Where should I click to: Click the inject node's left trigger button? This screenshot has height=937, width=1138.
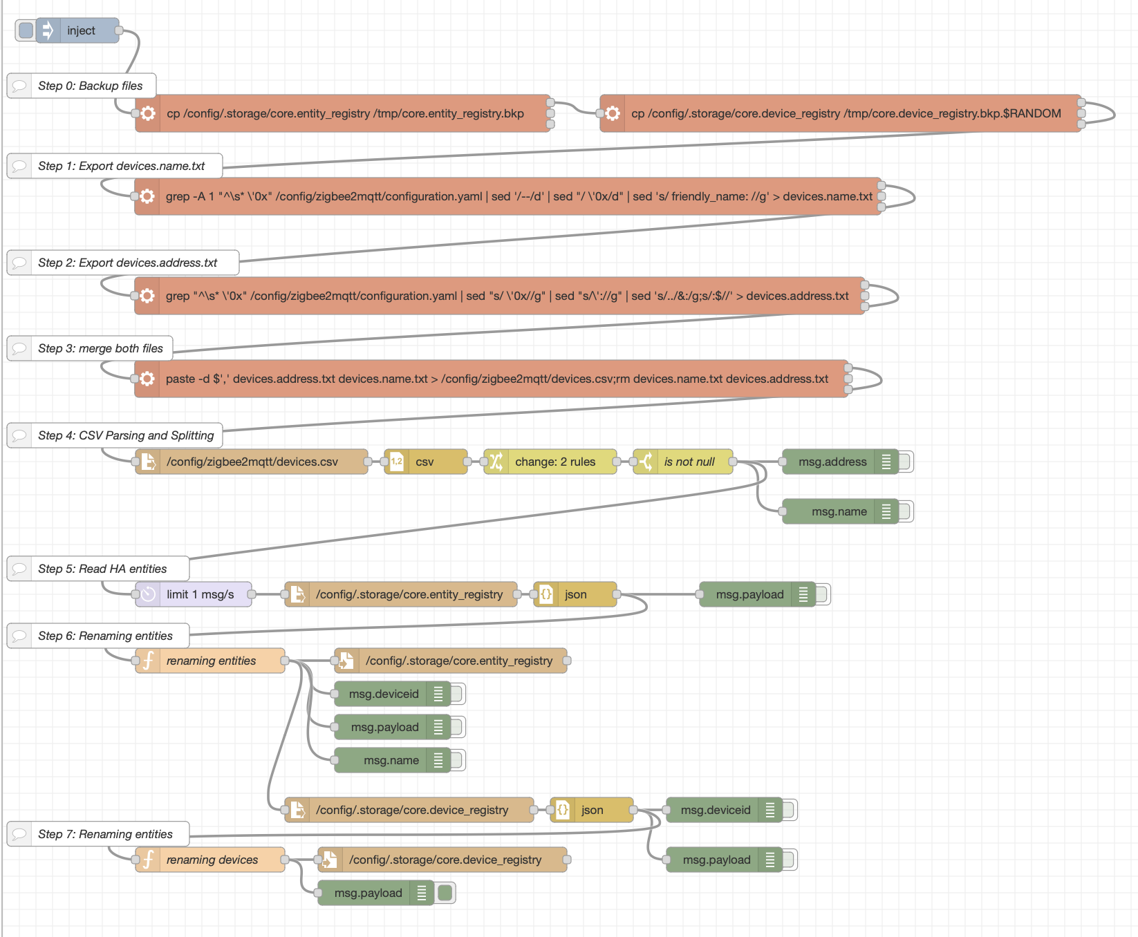pyautogui.click(x=26, y=30)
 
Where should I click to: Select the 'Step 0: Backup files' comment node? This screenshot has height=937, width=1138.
pyautogui.click(x=90, y=86)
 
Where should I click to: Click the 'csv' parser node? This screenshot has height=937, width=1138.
pyautogui.click(x=425, y=462)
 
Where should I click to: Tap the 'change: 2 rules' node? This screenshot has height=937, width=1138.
pyautogui.click(x=554, y=462)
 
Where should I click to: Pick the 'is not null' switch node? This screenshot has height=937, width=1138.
pyautogui.click(x=689, y=462)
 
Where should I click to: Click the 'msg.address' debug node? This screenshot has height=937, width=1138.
pyautogui.click(x=832, y=462)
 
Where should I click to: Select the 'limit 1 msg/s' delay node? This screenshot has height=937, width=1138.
pyautogui.click(x=199, y=594)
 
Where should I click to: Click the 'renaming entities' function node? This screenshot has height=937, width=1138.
pyautogui.click(x=211, y=661)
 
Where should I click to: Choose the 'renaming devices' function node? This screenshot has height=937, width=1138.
pyautogui.click(x=212, y=860)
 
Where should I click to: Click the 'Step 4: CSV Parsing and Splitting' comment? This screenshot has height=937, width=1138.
pyautogui.click(x=125, y=435)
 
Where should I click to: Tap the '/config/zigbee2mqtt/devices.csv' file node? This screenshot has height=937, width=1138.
pyautogui.click(x=252, y=462)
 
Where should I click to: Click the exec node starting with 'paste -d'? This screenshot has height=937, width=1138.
pyautogui.click(x=496, y=379)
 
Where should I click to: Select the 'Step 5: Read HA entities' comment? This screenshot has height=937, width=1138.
pyautogui.click(x=102, y=569)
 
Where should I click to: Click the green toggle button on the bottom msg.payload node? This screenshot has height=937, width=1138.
pyautogui.click(x=445, y=893)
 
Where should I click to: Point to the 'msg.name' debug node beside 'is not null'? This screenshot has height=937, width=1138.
pyautogui.click(x=838, y=511)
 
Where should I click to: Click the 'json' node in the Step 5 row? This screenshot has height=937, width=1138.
pyautogui.click(x=575, y=594)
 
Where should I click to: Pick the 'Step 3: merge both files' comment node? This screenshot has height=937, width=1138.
pyautogui.click(x=100, y=348)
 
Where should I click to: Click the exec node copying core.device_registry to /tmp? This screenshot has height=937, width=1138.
pyautogui.click(x=845, y=113)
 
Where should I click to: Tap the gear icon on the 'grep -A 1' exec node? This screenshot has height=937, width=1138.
pyautogui.click(x=147, y=196)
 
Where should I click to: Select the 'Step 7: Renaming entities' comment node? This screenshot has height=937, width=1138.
pyautogui.click(x=105, y=834)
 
